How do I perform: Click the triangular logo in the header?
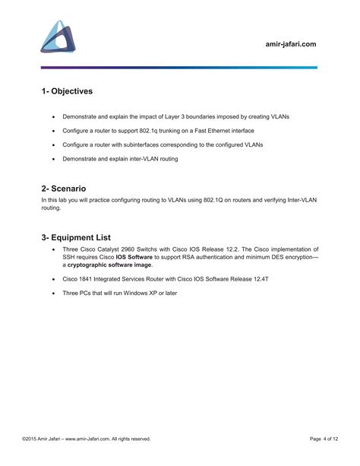tap(58, 36)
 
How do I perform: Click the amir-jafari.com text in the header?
tap(286, 44)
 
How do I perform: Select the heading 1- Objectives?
tap(67, 91)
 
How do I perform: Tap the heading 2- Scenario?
tap(64, 188)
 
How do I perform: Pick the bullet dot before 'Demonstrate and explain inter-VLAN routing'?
tap(52, 159)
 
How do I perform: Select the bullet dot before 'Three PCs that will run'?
tap(52, 293)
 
